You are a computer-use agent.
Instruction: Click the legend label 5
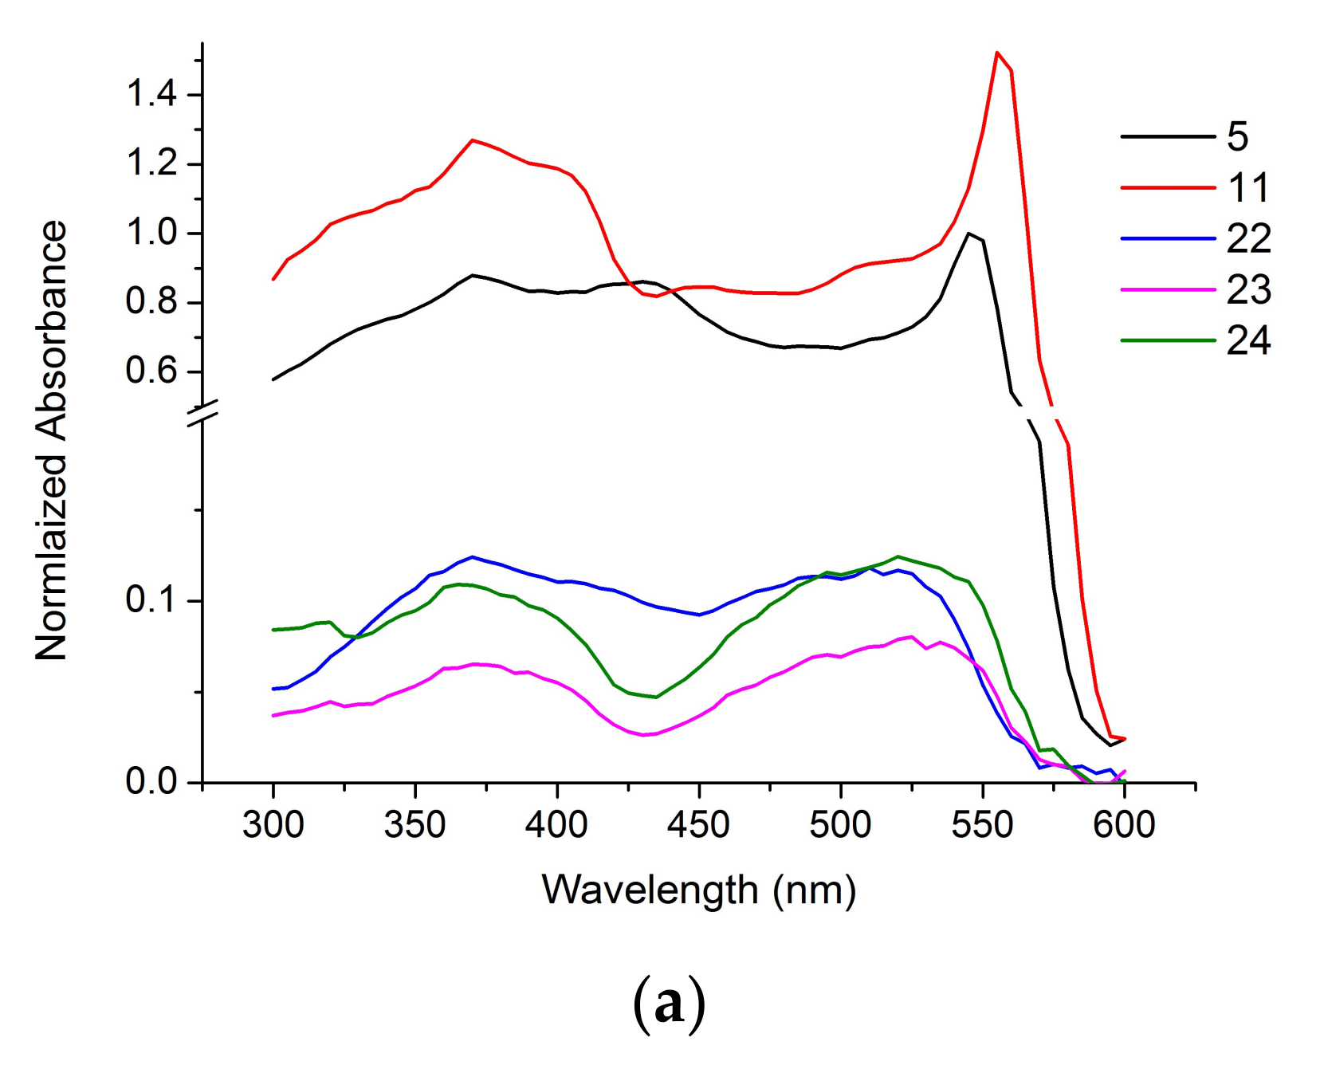click(x=1237, y=137)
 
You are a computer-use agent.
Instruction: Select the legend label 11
click(x=1248, y=188)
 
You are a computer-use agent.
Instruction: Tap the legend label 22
click(x=1248, y=239)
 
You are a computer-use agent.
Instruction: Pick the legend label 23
click(x=1248, y=290)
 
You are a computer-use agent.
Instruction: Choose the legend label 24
click(x=1248, y=341)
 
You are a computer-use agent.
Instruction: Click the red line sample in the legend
click(x=1168, y=188)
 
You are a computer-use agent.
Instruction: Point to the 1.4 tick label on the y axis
click(x=151, y=95)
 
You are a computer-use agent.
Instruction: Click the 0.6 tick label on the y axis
click(x=151, y=371)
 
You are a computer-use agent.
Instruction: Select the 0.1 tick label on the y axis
click(x=151, y=600)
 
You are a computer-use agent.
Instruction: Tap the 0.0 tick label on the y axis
click(x=151, y=782)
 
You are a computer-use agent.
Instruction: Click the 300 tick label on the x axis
click(x=273, y=825)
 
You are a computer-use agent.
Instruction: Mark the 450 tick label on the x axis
click(x=698, y=825)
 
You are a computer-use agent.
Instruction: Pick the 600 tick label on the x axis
click(x=1124, y=825)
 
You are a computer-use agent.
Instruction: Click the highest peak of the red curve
click(x=997, y=53)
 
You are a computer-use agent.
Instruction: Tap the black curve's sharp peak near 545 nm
click(x=968, y=234)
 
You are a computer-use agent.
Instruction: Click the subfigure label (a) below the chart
click(x=669, y=1004)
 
